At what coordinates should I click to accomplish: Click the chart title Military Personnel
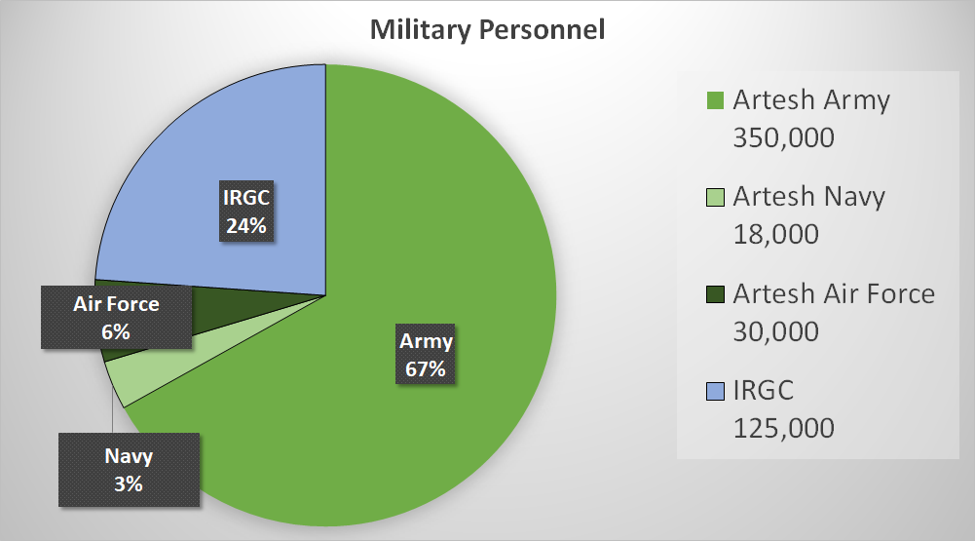(x=487, y=30)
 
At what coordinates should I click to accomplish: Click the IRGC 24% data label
(x=246, y=212)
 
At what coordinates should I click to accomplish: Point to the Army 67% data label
(x=426, y=354)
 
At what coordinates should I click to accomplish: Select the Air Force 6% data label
(x=116, y=318)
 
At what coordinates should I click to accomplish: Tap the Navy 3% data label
(x=129, y=470)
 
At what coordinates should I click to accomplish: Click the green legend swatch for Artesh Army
(x=715, y=100)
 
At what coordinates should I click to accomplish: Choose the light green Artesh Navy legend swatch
(x=715, y=197)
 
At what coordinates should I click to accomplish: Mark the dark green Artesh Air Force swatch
(x=715, y=294)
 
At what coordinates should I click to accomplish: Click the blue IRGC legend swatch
(x=715, y=392)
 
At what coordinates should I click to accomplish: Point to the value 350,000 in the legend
(x=783, y=137)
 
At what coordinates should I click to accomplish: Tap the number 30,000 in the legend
(x=775, y=331)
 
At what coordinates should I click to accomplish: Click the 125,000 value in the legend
(x=783, y=428)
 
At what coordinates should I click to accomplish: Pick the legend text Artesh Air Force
(x=834, y=293)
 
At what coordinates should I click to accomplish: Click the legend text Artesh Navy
(x=809, y=197)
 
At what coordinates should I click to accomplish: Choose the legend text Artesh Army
(x=811, y=100)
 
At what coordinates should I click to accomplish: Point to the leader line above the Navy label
(x=113, y=409)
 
